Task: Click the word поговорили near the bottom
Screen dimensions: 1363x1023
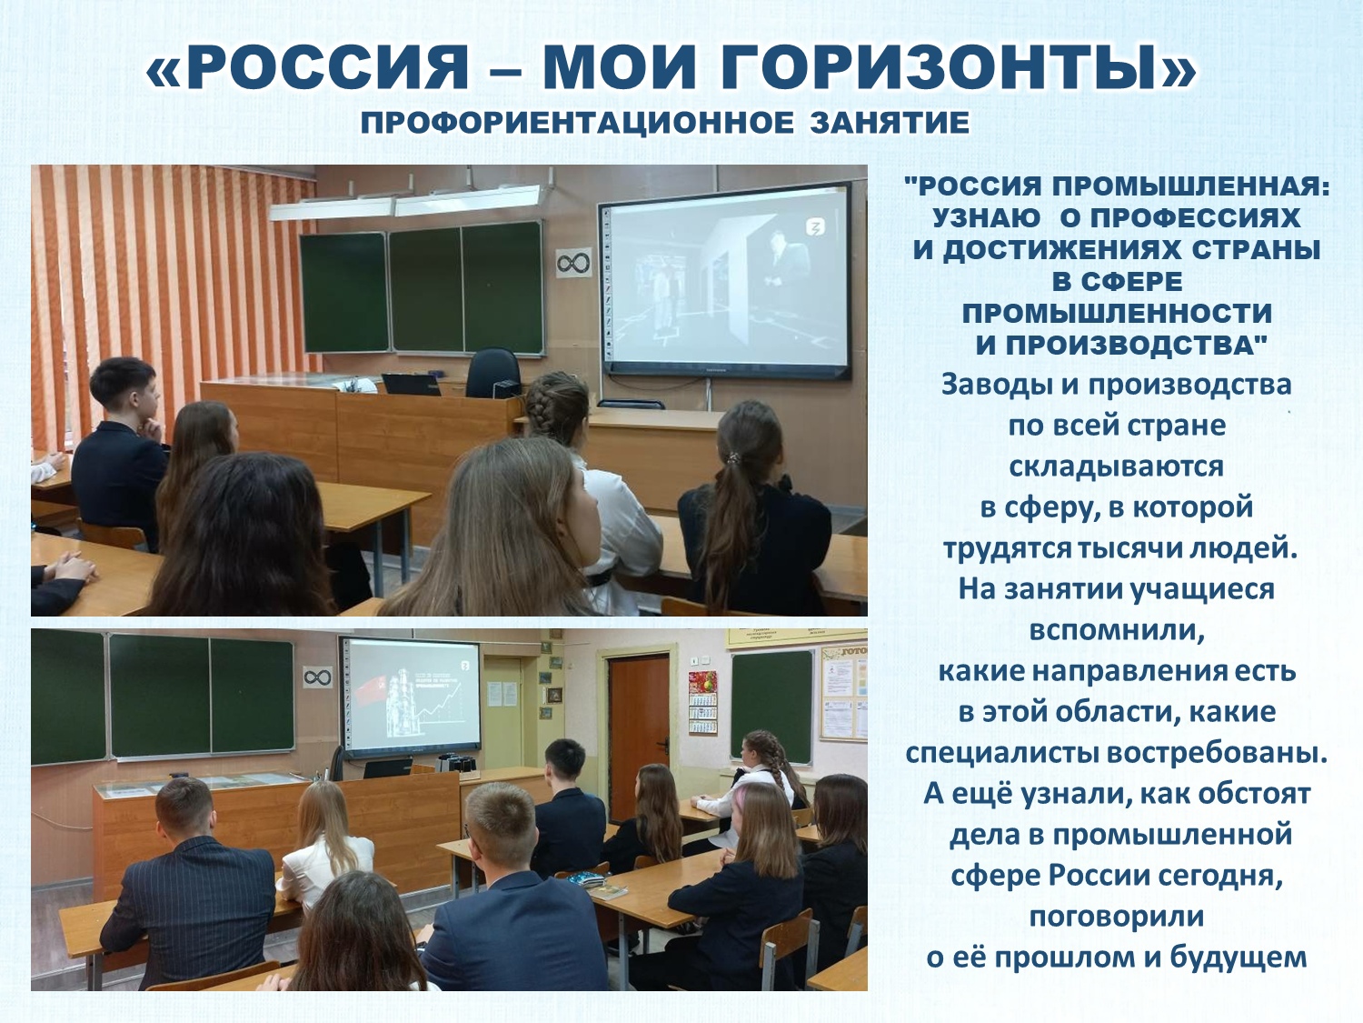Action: click(x=1117, y=918)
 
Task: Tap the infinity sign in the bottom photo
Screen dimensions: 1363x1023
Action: click(x=318, y=677)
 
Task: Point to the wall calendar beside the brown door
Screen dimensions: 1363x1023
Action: click(x=702, y=702)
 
